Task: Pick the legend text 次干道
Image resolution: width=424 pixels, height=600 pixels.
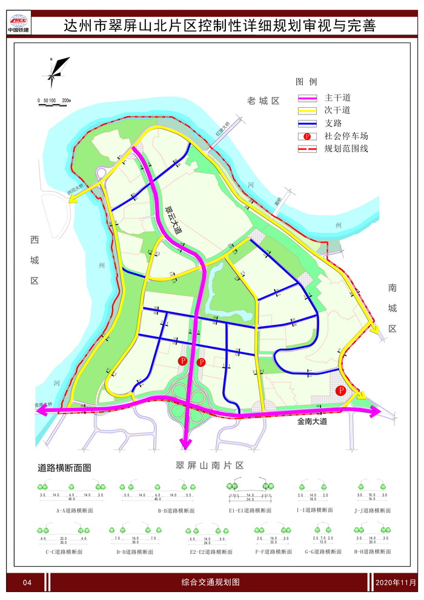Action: pyautogui.click(x=337, y=110)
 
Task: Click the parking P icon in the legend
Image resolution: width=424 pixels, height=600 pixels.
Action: pyautogui.click(x=308, y=136)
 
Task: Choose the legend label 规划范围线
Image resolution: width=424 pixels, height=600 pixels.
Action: pyautogui.click(x=346, y=148)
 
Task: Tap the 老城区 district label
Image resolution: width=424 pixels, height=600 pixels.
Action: pyautogui.click(x=262, y=101)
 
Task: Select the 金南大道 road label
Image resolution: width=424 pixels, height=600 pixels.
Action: pyautogui.click(x=312, y=421)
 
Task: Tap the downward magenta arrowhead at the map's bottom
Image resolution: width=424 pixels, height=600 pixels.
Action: pyautogui.click(x=185, y=447)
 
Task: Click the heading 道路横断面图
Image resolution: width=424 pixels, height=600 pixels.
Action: pyautogui.click(x=64, y=468)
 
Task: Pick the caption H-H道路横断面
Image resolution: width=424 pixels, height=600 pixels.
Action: pyautogui.click(x=372, y=552)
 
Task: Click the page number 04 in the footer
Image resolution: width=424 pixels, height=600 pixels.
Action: pyautogui.click(x=27, y=582)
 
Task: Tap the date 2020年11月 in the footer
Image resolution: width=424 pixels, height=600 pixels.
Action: pyautogui.click(x=396, y=582)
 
